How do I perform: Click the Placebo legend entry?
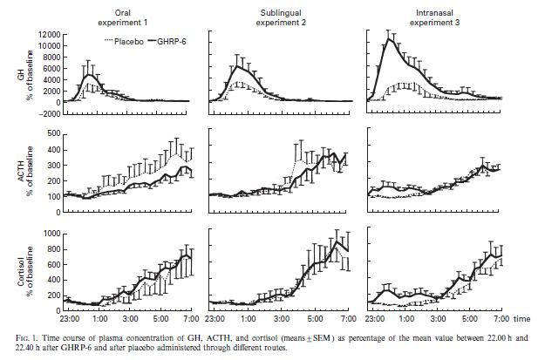[119, 41]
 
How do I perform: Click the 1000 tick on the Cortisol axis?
[51, 234]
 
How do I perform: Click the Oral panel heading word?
[126, 8]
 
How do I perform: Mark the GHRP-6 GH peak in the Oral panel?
[88, 75]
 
